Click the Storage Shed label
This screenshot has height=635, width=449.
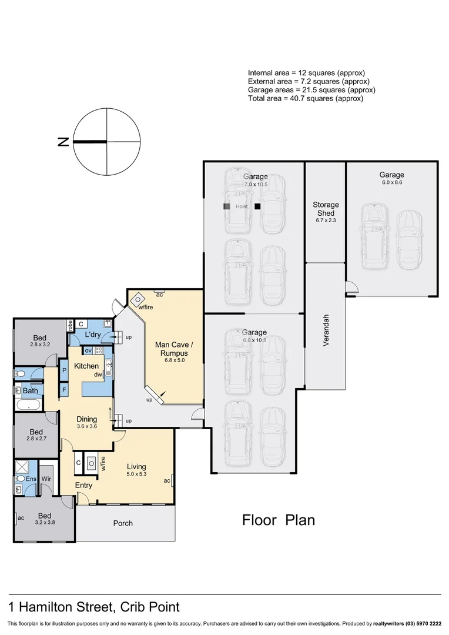pyautogui.click(x=326, y=209)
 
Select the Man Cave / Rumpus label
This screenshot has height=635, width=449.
pyautogui.click(x=171, y=349)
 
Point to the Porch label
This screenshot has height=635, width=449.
pyautogui.click(x=123, y=523)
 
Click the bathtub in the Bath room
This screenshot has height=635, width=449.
pyautogui.click(x=28, y=405)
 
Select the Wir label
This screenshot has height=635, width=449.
pyautogui.click(x=46, y=479)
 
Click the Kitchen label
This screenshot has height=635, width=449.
pyautogui.click(x=86, y=366)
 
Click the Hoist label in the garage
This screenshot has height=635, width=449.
pyautogui.click(x=242, y=207)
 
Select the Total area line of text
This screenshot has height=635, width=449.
pyautogui.click(x=306, y=99)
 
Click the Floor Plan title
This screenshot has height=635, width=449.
pyautogui.click(x=279, y=520)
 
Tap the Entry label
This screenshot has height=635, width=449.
pyautogui.click(x=83, y=485)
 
